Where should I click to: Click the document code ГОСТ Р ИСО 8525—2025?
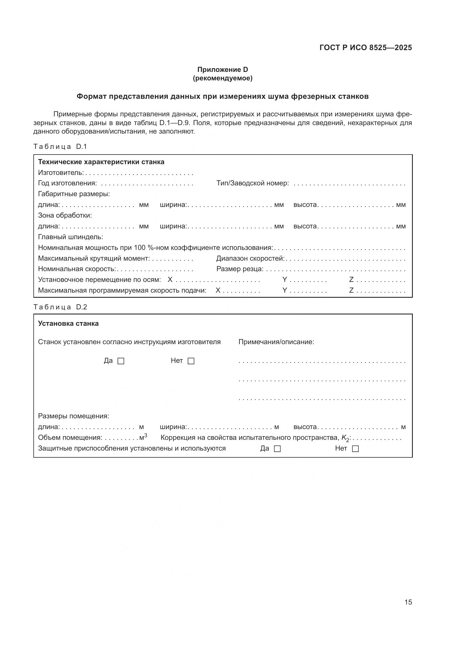[365, 48]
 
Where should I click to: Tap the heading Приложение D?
[222, 70]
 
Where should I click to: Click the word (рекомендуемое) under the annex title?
[222, 78]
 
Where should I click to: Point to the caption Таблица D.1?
[60, 147]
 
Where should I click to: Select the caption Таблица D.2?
[60, 307]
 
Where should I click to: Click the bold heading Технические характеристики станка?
[101, 162]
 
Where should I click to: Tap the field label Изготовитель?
[61, 173]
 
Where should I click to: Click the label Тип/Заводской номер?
[252, 183]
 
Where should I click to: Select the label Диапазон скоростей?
[250, 258]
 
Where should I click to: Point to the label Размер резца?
[240, 269]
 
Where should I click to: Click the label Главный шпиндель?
[70, 237]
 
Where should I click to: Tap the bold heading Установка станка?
[68, 323]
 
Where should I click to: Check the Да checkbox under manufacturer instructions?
[121, 361]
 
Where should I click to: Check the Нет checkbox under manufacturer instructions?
[191, 361]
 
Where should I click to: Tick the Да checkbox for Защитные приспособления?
[277, 449]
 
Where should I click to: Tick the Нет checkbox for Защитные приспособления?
[356, 449]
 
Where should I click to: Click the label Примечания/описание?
[276, 342]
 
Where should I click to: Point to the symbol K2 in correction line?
[345, 438]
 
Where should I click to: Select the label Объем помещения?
[70, 438]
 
